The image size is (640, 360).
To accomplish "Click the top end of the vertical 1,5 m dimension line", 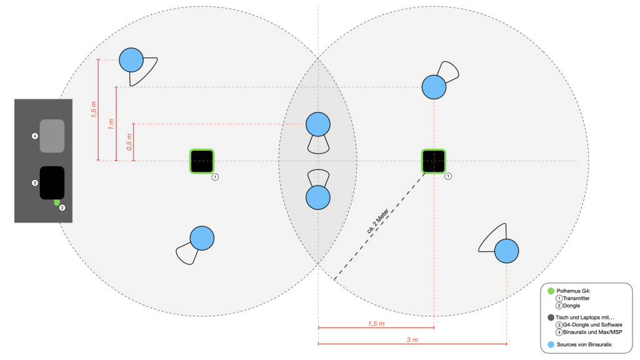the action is pyautogui.click(x=98, y=59).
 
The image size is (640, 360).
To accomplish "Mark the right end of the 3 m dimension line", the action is pyautogui.click(x=506, y=344).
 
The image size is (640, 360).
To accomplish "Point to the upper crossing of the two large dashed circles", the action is pyautogui.click(x=318, y=58).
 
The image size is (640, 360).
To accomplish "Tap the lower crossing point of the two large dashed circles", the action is pyautogui.click(x=318, y=264).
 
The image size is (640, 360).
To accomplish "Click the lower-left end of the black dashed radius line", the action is pyautogui.click(x=334, y=280).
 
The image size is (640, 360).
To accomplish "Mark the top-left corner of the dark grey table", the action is pyautogui.click(x=15, y=99).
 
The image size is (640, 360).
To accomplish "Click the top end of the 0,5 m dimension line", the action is pyautogui.click(x=134, y=124).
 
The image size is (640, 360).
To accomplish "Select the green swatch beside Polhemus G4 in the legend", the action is pyautogui.click(x=551, y=291).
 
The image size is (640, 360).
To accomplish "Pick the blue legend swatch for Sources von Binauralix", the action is pyautogui.click(x=551, y=344).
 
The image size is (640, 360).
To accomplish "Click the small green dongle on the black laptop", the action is pyautogui.click(x=57, y=202).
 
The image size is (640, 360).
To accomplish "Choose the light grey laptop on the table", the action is pyautogui.click(x=52, y=136).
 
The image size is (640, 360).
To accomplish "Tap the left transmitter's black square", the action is pyautogui.click(x=202, y=161).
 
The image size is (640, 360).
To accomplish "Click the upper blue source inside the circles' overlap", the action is pyautogui.click(x=318, y=124).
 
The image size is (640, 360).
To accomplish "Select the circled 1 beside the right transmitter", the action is pyautogui.click(x=447, y=176).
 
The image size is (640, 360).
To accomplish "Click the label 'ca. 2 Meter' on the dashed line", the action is pyautogui.click(x=377, y=221).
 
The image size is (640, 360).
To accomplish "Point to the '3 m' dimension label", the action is pyautogui.click(x=412, y=339).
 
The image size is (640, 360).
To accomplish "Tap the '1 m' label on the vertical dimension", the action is pyautogui.click(x=111, y=124).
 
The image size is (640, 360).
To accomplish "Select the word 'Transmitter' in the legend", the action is pyautogui.click(x=576, y=298).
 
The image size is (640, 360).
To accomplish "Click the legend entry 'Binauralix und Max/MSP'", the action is pyautogui.click(x=592, y=332).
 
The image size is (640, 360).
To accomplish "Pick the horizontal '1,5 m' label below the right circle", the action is pyautogui.click(x=376, y=324).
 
